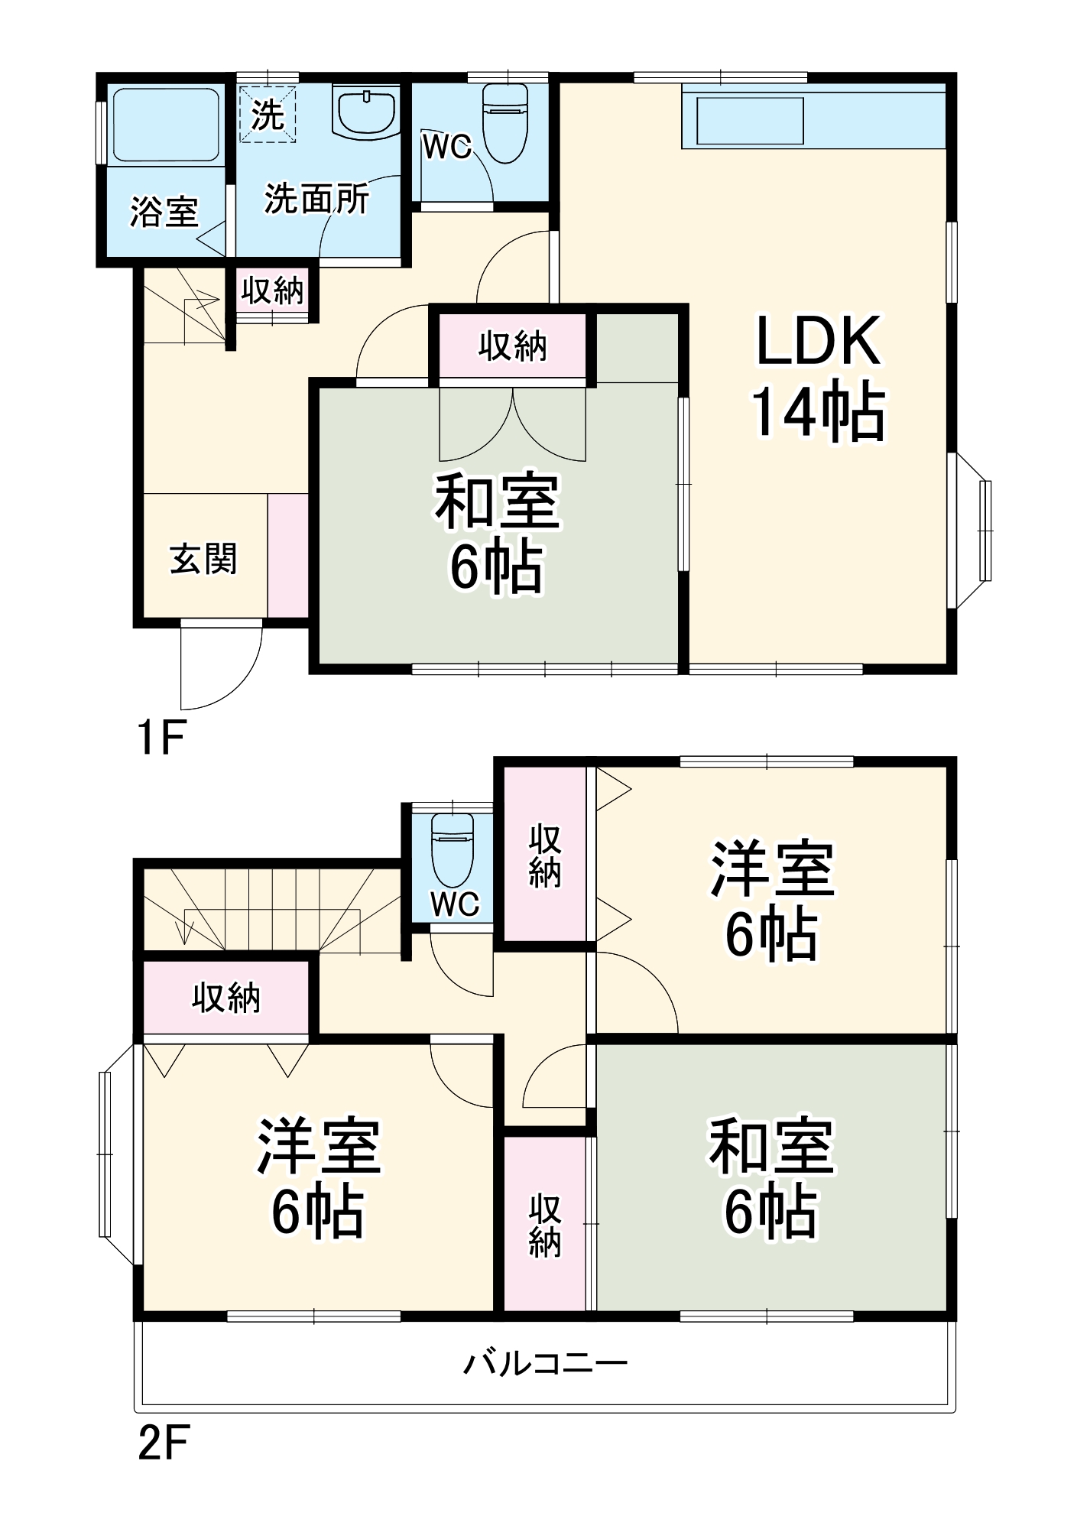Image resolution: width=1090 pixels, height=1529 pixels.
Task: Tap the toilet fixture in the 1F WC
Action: coord(505,122)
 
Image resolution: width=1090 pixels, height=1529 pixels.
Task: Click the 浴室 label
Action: coord(164,212)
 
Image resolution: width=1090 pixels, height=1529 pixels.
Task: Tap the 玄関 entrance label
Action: coord(203,559)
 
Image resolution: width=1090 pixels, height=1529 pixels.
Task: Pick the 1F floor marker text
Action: coord(161,738)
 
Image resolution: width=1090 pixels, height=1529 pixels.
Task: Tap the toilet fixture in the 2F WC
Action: coord(453,849)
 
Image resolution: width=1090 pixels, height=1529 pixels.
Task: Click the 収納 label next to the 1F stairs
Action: coord(272,291)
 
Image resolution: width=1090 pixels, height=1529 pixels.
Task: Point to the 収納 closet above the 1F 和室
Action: coord(513,347)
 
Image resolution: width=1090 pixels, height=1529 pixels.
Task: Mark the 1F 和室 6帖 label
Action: coord(498,533)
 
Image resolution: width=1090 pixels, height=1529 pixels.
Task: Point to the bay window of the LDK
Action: coord(975,531)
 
